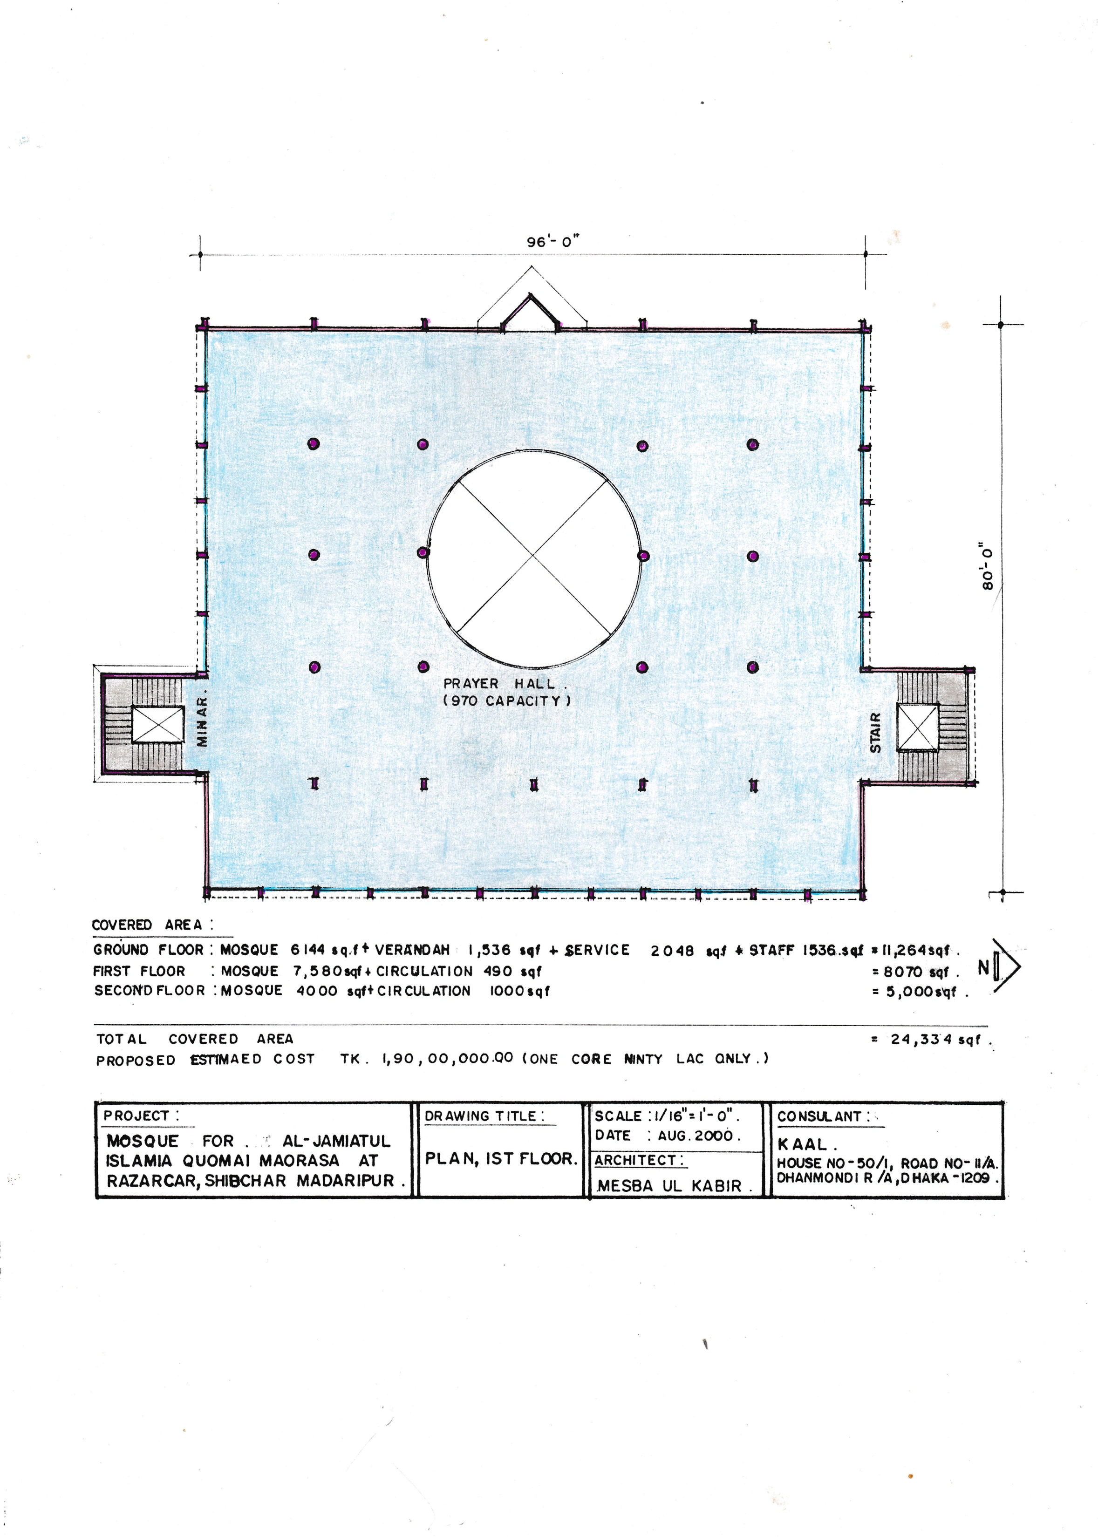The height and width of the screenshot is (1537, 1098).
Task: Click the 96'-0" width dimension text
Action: (553, 241)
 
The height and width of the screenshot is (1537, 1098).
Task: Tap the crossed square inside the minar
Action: (157, 725)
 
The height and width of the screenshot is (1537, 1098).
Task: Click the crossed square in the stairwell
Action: (917, 727)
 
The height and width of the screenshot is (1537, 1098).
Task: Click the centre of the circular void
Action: (534, 556)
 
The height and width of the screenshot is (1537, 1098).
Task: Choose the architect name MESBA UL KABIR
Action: (670, 1186)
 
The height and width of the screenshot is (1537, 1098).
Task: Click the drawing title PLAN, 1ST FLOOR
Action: (501, 1158)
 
